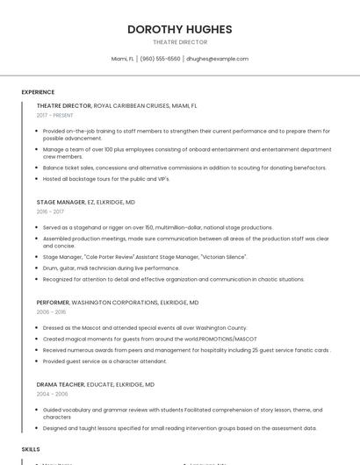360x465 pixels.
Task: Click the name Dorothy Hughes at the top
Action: click(x=180, y=29)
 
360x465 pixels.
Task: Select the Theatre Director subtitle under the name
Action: click(x=180, y=42)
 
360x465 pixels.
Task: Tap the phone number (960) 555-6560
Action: click(x=160, y=59)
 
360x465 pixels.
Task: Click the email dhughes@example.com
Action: click(x=217, y=59)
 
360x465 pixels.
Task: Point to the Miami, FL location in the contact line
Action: click(x=123, y=59)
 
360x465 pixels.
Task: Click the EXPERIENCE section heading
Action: click(x=38, y=92)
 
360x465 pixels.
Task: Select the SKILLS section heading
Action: click(x=31, y=448)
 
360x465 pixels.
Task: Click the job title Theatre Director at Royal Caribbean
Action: click(x=64, y=105)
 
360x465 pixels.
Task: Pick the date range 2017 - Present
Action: click(x=55, y=115)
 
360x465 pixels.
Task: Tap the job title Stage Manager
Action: click(x=61, y=202)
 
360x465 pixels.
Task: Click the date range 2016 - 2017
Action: click(x=50, y=211)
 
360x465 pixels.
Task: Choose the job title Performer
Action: click(x=54, y=303)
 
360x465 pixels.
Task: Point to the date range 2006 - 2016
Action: click(x=51, y=311)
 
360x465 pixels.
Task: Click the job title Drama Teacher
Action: click(x=60, y=384)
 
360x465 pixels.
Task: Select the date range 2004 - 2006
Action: click(x=51, y=394)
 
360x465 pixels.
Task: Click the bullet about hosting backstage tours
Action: click(x=106, y=179)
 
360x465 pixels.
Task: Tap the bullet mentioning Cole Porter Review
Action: click(x=145, y=257)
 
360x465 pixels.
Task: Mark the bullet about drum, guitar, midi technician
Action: click(x=111, y=268)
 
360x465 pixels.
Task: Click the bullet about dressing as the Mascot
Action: click(x=145, y=327)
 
